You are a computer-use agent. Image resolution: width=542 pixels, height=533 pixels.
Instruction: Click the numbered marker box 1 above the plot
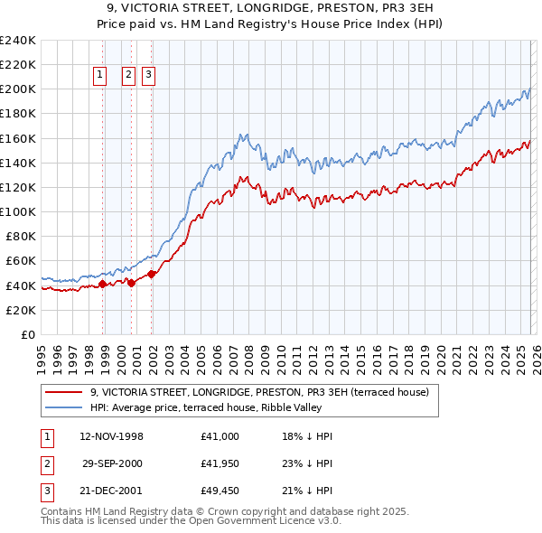pos(99,76)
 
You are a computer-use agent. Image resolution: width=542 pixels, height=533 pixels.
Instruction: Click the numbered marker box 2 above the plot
pos(128,76)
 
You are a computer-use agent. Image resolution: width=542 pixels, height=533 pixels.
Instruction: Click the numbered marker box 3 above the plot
pos(148,76)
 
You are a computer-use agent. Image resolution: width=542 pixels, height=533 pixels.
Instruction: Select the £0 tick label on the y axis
pos(27,334)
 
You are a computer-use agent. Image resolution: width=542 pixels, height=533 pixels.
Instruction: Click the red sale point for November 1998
pos(103,284)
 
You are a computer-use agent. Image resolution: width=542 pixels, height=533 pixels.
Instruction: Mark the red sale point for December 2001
pos(152,274)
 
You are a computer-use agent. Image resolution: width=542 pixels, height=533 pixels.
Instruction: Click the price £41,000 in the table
pos(220,436)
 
